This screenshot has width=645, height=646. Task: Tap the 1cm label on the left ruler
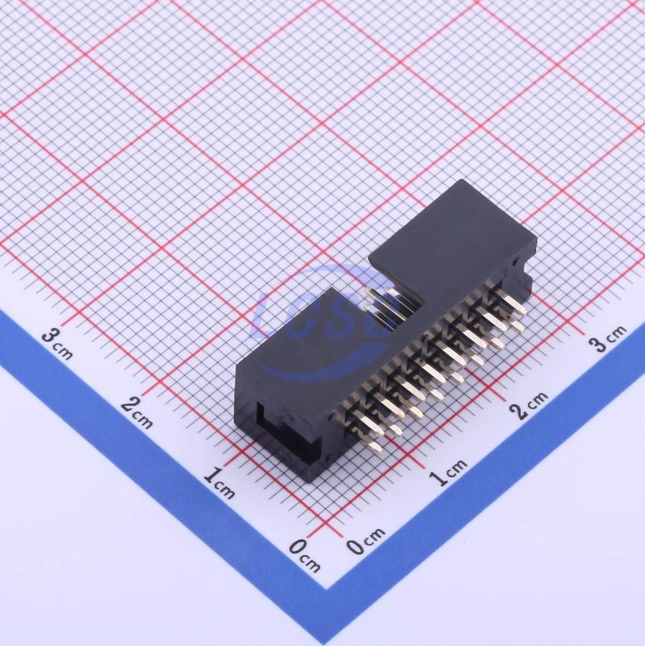pyautogui.click(x=219, y=482)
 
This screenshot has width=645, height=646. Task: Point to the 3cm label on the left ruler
pyautogui.click(x=57, y=343)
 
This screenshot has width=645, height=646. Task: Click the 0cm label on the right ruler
pyautogui.click(x=365, y=540)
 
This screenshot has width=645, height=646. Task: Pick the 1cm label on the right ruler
pyautogui.click(x=448, y=472)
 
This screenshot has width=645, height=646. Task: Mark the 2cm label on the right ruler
pyautogui.click(x=529, y=405)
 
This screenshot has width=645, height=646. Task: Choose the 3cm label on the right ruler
pyautogui.click(x=608, y=338)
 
